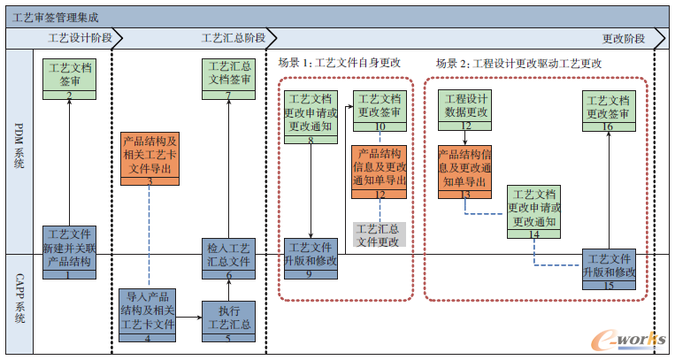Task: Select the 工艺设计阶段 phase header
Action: (x=80, y=38)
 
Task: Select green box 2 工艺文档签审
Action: (x=69, y=79)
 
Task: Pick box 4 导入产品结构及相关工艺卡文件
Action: (x=148, y=315)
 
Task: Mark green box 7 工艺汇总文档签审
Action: (x=228, y=79)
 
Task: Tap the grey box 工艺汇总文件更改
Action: (x=379, y=235)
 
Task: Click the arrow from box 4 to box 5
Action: (x=189, y=316)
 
